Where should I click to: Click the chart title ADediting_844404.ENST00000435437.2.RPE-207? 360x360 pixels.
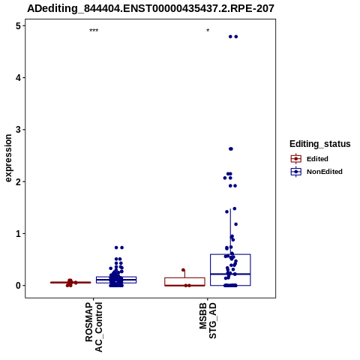[151, 8]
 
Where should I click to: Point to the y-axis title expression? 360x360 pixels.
[8, 158]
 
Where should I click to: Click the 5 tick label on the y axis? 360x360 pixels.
[18, 25]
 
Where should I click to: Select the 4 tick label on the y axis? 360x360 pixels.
[18, 78]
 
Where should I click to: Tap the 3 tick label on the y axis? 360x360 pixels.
[18, 130]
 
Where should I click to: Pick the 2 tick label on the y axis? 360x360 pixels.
[18, 181]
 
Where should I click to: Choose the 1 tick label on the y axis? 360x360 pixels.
[18, 233]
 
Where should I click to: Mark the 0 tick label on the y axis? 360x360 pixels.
[18, 285]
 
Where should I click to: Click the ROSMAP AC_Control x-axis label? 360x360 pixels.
[94, 327]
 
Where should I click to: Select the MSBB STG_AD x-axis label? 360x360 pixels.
[208, 320]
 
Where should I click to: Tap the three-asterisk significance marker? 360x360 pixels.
[94, 31]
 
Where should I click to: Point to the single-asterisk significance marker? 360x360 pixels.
[208, 31]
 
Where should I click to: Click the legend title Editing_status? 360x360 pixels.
[320, 144]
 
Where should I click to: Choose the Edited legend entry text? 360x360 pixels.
[317, 159]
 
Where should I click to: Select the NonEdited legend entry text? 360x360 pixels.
[325, 172]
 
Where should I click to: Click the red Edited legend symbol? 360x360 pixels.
[296, 159]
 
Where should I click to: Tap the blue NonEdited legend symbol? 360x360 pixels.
[296, 172]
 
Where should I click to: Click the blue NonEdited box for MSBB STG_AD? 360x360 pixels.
[230, 254]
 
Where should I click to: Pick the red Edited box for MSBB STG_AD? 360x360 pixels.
[184, 277]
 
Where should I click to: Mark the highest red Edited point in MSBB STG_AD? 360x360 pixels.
[183, 270]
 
